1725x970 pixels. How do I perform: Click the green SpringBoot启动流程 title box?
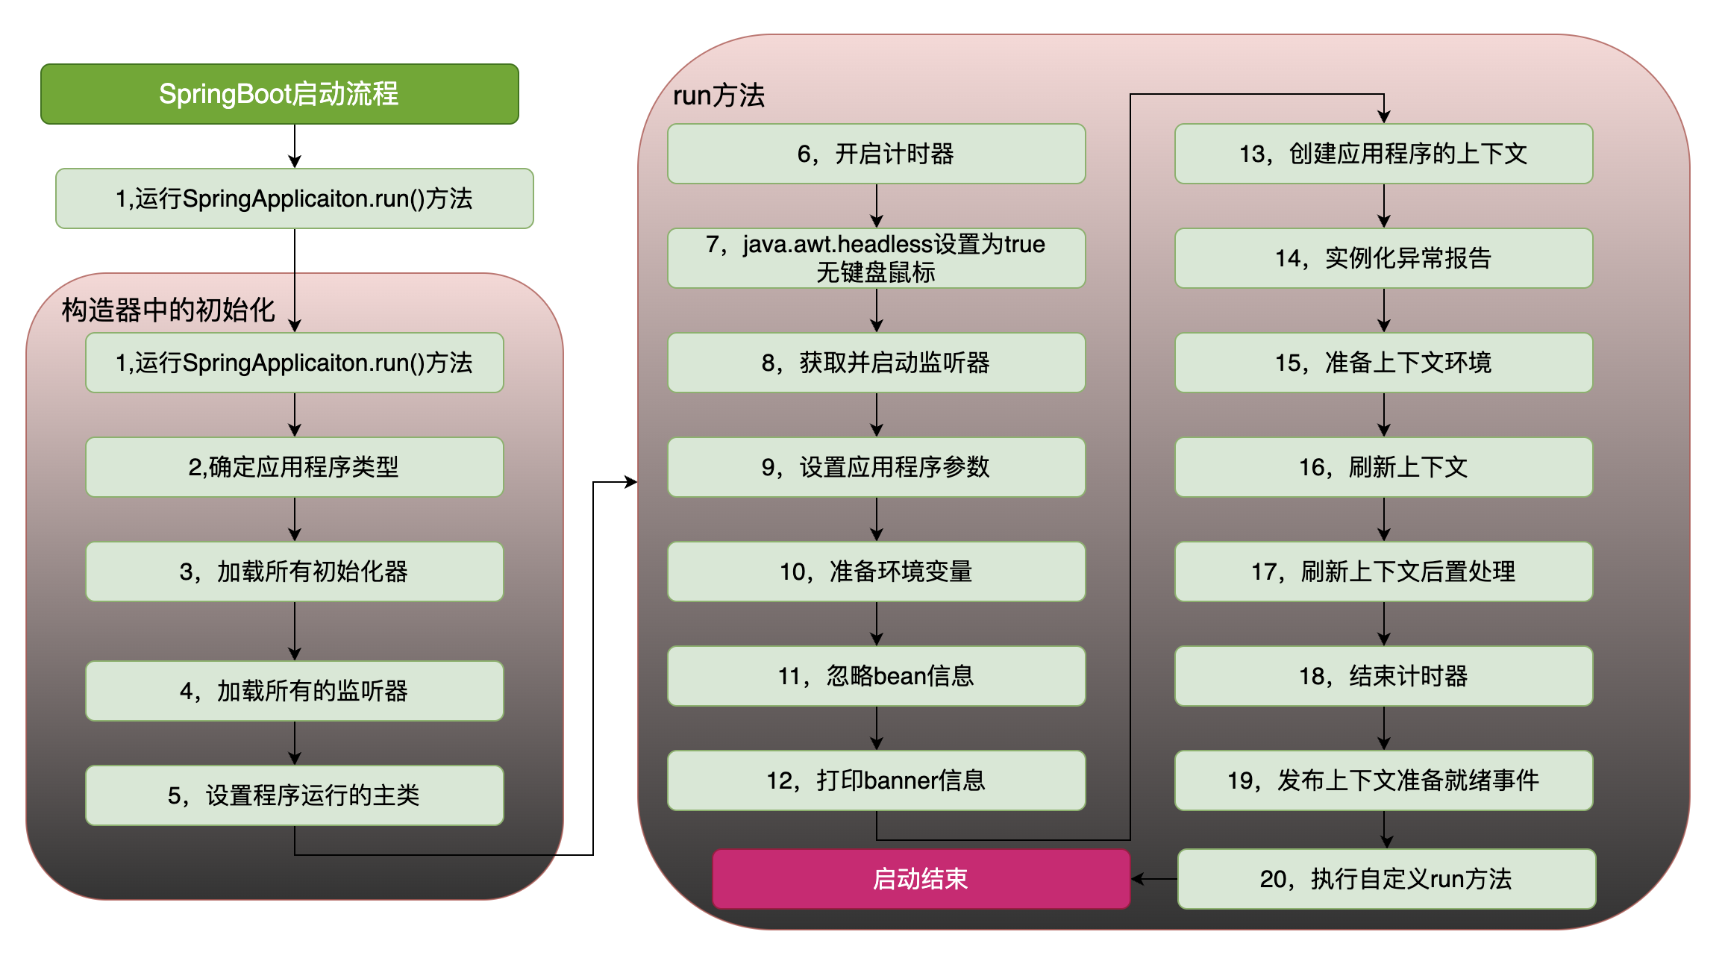[x=279, y=94]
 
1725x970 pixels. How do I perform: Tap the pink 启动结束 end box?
[x=921, y=878]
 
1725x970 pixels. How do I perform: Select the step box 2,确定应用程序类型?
[x=294, y=467]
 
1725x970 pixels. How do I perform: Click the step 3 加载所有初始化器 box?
[x=294, y=572]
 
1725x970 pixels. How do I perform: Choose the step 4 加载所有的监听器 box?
[x=294, y=691]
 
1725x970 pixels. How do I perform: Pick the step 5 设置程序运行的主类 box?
[x=294, y=795]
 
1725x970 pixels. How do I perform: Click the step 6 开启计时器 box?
[x=876, y=154]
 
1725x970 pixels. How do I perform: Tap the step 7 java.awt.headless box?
[x=876, y=258]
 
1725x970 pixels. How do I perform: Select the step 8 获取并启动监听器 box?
[x=876, y=363]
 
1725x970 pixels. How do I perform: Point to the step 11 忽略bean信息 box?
[x=876, y=676]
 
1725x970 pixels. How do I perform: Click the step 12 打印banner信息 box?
[x=876, y=780]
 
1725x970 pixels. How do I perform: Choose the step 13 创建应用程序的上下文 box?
[x=1383, y=154]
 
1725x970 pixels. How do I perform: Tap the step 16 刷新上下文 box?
[x=1383, y=467]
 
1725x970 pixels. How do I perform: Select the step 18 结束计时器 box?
[x=1383, y=676]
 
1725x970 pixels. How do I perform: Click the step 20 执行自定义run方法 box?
[x=1386, y=878]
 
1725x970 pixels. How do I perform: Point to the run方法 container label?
[x=719, y=96]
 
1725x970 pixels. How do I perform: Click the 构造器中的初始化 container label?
[x=168, y=310]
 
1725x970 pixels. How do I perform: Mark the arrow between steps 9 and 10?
[x=877, y=519]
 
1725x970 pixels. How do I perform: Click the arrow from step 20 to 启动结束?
[x=1153, y=879]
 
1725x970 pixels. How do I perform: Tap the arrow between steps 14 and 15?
[x=1384, y=310]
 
